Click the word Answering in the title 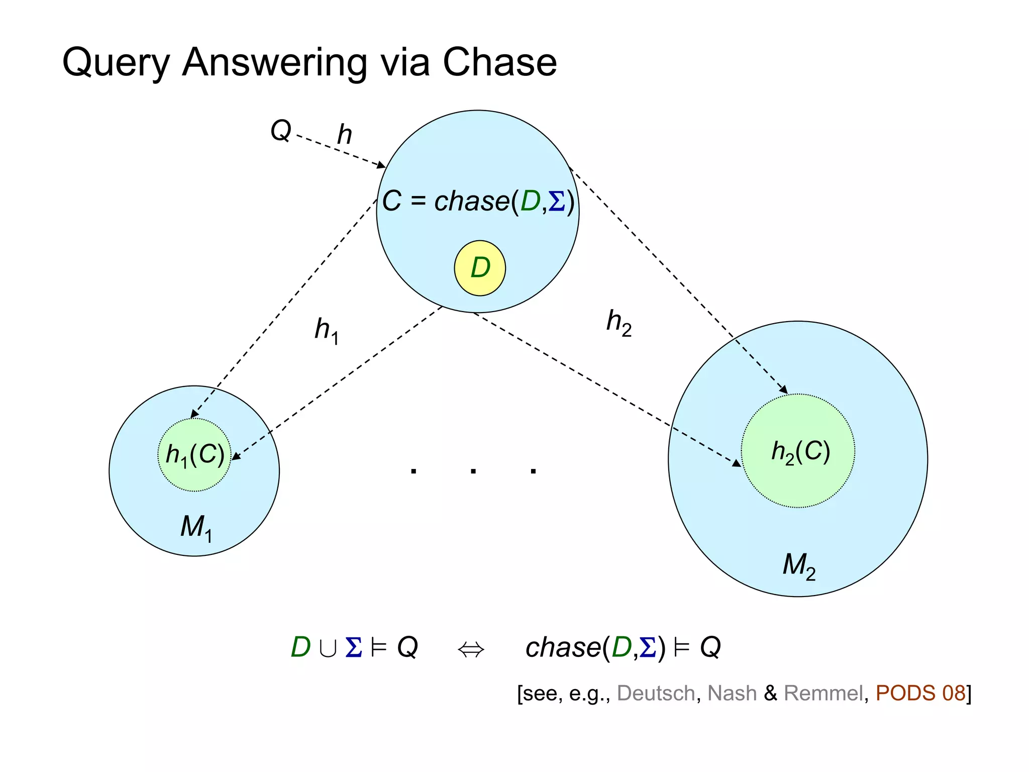274,63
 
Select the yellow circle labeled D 480,268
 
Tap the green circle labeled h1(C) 194,454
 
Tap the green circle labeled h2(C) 798,451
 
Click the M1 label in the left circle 196,528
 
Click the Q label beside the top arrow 280,131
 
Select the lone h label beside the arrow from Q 344,134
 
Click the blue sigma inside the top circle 557,202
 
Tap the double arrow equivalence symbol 471,649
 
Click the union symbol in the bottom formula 328,648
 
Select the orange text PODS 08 920,693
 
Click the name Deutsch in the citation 656,693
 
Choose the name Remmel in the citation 823,693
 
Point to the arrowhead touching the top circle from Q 381,165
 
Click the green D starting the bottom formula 300,647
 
